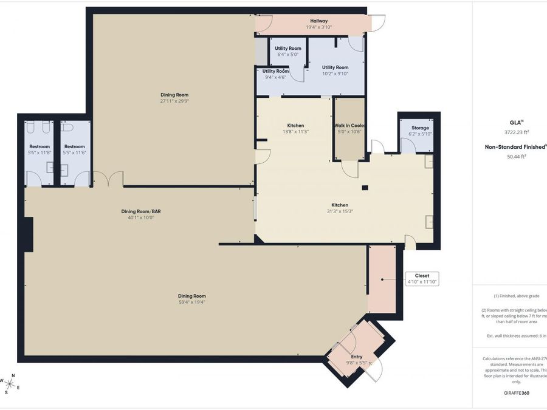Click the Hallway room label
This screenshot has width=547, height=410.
[x=318, y=21]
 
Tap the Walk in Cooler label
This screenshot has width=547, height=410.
[x=348, y=126]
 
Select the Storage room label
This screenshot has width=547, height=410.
[x=419, y=128]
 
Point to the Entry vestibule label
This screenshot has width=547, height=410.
[x=357, y=357]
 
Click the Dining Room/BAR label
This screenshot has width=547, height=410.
[x=140, y=211]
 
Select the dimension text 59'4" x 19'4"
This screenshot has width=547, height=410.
[x=191, y=302]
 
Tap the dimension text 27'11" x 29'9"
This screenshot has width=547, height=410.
[x=174, y=101]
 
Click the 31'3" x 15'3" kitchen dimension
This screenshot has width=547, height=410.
[x=340, y=212]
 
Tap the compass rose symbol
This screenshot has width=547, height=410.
[x=10, y=383]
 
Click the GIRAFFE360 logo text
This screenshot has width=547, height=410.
[x=509, y=393]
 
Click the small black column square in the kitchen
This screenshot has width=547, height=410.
[x=365, y=188]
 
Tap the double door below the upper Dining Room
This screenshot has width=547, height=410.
[x=108, y=179]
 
